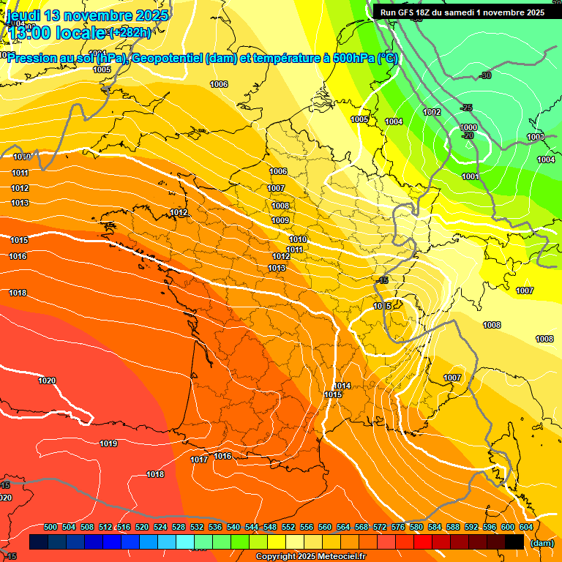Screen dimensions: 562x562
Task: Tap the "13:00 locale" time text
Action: point(57,33)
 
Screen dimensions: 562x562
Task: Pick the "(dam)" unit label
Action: point(542,543)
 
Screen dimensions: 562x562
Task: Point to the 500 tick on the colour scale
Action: point(50,528)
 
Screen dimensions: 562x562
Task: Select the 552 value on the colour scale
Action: point(288,528)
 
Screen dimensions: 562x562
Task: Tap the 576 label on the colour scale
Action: point(398,528)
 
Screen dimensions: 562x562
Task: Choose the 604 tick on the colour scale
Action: point(526,528)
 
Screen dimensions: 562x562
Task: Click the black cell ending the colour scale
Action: point(514,542)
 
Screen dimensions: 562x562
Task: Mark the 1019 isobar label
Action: point(108,443)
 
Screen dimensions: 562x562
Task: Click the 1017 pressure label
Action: point(199,460)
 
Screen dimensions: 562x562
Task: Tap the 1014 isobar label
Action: point(342,386)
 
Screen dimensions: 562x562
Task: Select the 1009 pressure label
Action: point(280,220)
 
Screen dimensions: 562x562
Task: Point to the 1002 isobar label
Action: point(432,112)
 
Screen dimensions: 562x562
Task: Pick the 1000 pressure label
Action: point(468,128)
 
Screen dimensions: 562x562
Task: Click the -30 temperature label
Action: point(484,75)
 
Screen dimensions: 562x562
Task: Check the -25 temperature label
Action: point(466,108)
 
